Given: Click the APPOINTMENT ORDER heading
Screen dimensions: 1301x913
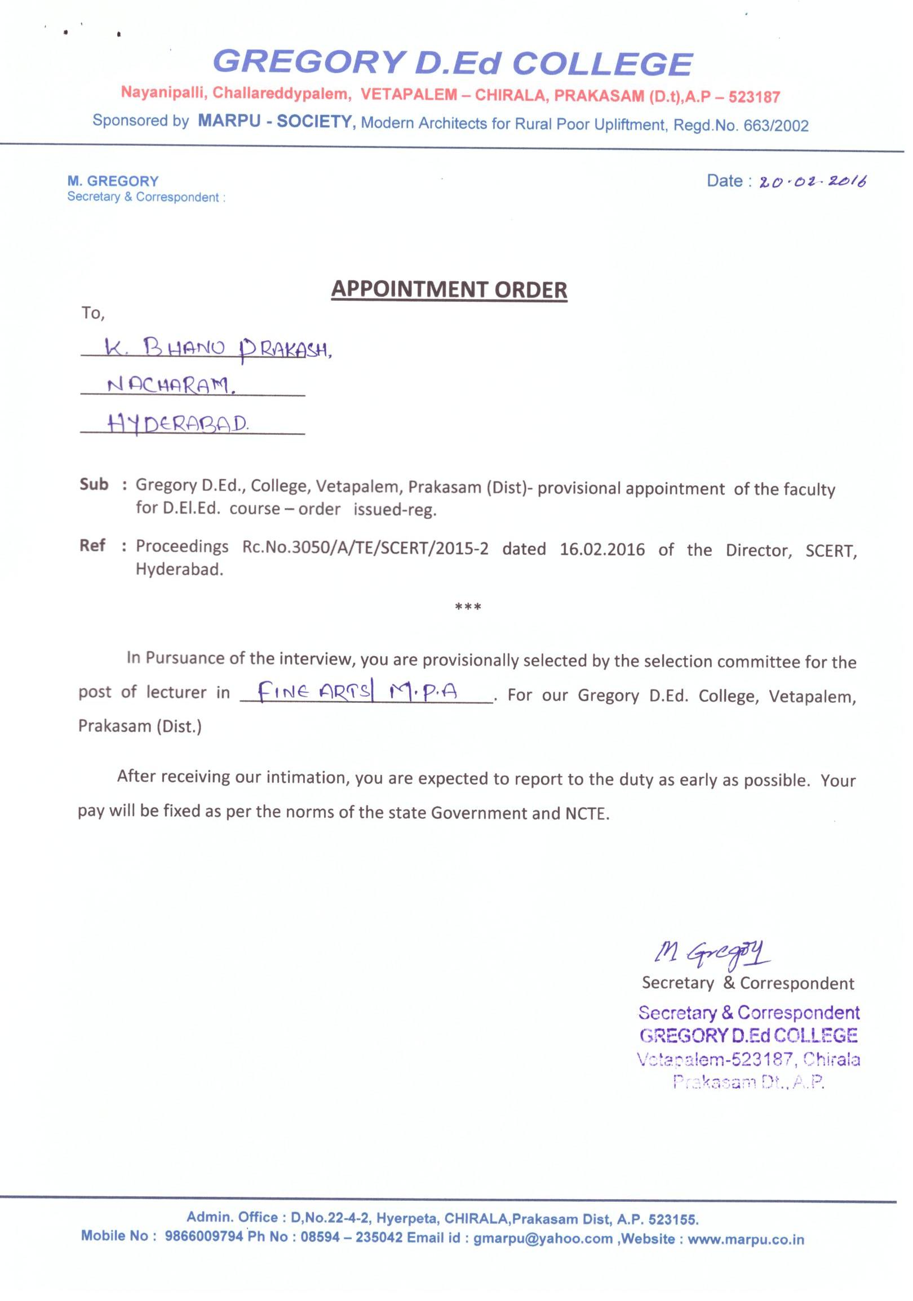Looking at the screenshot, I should coord(449,289).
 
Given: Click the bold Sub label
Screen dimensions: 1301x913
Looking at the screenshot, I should coord(94,484).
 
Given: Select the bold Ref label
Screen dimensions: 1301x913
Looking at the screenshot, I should coord(92,545).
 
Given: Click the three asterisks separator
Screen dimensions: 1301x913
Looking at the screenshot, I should coord(468,608).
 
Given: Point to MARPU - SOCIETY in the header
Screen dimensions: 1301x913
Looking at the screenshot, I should coord(275,121).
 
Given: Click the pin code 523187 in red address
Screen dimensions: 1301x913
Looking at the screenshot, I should coord(754,97).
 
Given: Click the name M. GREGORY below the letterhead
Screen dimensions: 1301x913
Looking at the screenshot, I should coord(113,181).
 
